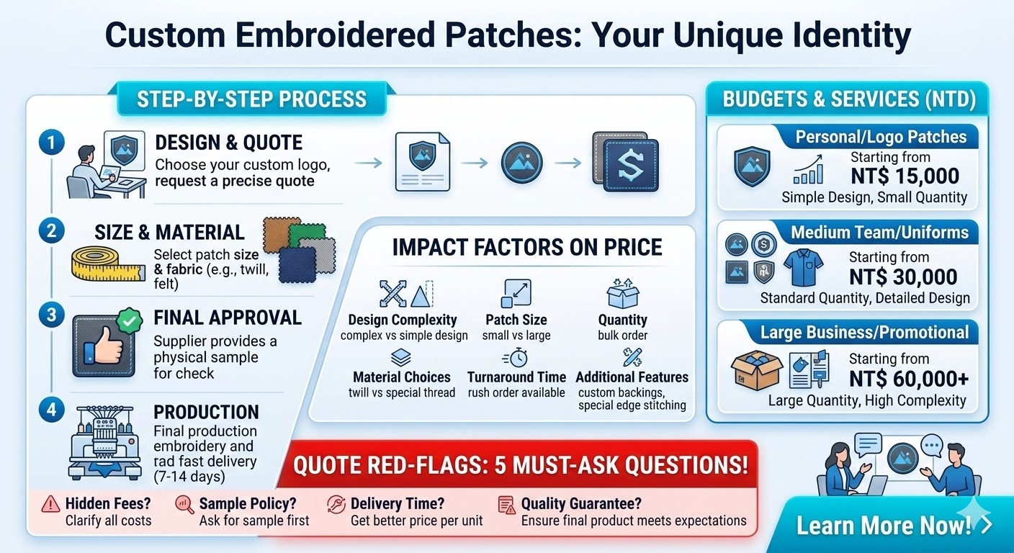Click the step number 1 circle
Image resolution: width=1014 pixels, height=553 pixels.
pyautogui.click(x=50, y=142)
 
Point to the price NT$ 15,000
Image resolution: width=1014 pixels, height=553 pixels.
pyautogui.click(x=905, y=176)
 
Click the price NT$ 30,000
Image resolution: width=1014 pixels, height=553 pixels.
pyautogui.click(x=903, y=277)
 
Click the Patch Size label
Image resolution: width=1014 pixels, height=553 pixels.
pyautogui.click(x=516, y=320)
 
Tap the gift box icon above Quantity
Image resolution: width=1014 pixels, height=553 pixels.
pyautogui.click(x=622, y=294)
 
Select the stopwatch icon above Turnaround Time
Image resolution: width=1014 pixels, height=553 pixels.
pyautogui.click(x=515, y=358)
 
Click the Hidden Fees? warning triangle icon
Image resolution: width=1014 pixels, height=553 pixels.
pyautogui.click(x=50, y=504)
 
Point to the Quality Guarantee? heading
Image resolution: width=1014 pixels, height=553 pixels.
pyautogui.click(x=580, y=504)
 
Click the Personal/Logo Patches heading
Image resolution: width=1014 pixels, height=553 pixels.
pyautogui.click(x=881, y=137)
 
